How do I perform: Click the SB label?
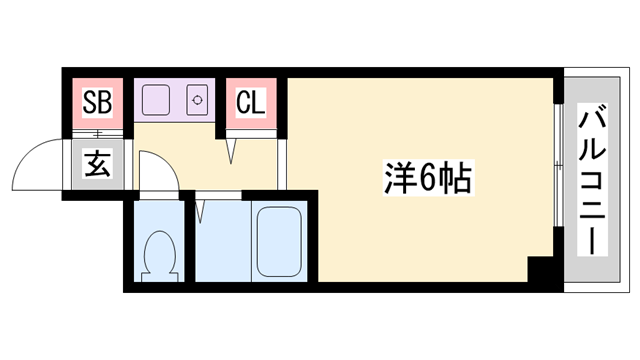tap(97, 102)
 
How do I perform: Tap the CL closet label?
tap(249, 102)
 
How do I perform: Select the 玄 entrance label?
tap(98, 162)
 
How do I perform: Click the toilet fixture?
tap(157, 255)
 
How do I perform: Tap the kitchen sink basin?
tap(156, 101)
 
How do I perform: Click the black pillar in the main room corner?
tap(541, 270)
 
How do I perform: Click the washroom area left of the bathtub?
tap(219, 245)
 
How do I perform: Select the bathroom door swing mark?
tap(202, 211)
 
